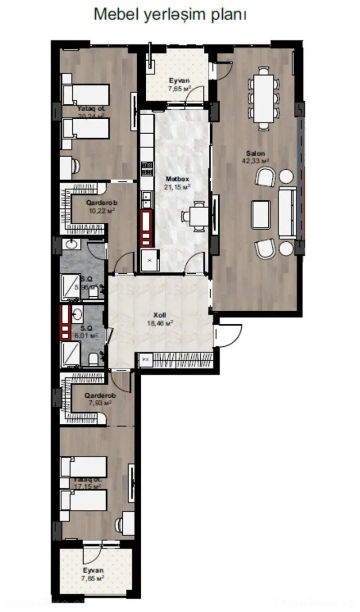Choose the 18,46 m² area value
161,323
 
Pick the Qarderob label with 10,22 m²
101,203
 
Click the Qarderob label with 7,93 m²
101,396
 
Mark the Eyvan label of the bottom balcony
94,570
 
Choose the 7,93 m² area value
101,403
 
